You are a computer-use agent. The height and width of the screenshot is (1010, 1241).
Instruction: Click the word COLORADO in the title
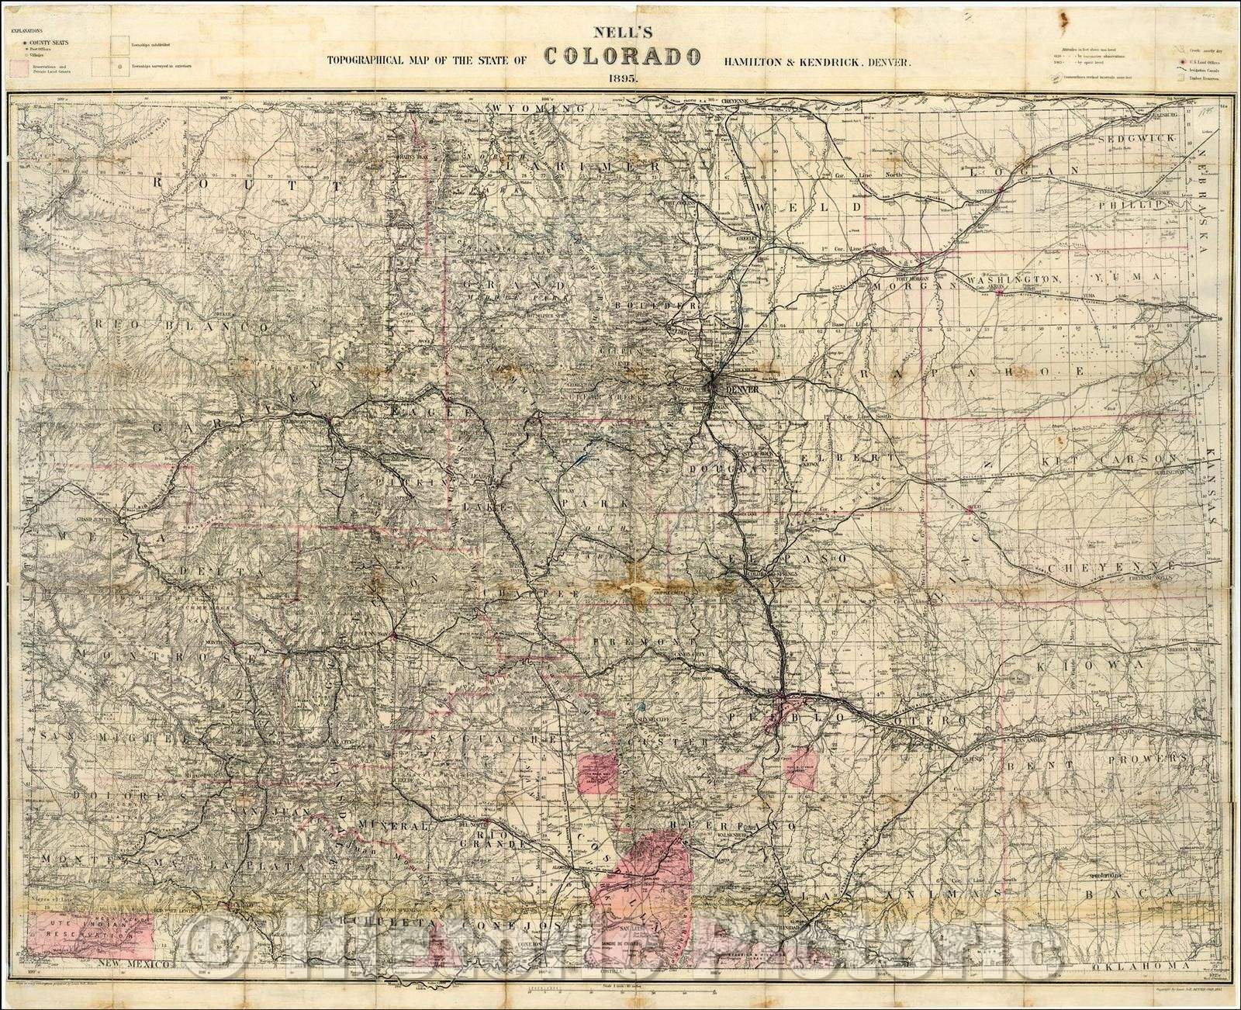(624, 56)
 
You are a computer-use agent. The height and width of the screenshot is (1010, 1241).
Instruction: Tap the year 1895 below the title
(624, 78)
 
